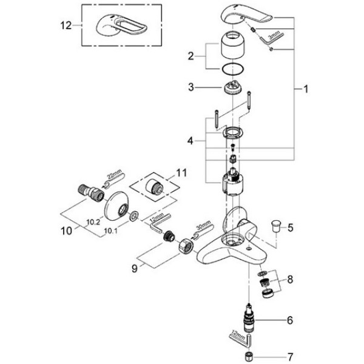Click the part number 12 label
pyautogui.click(x=66, y=25)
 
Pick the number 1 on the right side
pyautogui.click(x=306, y=89)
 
